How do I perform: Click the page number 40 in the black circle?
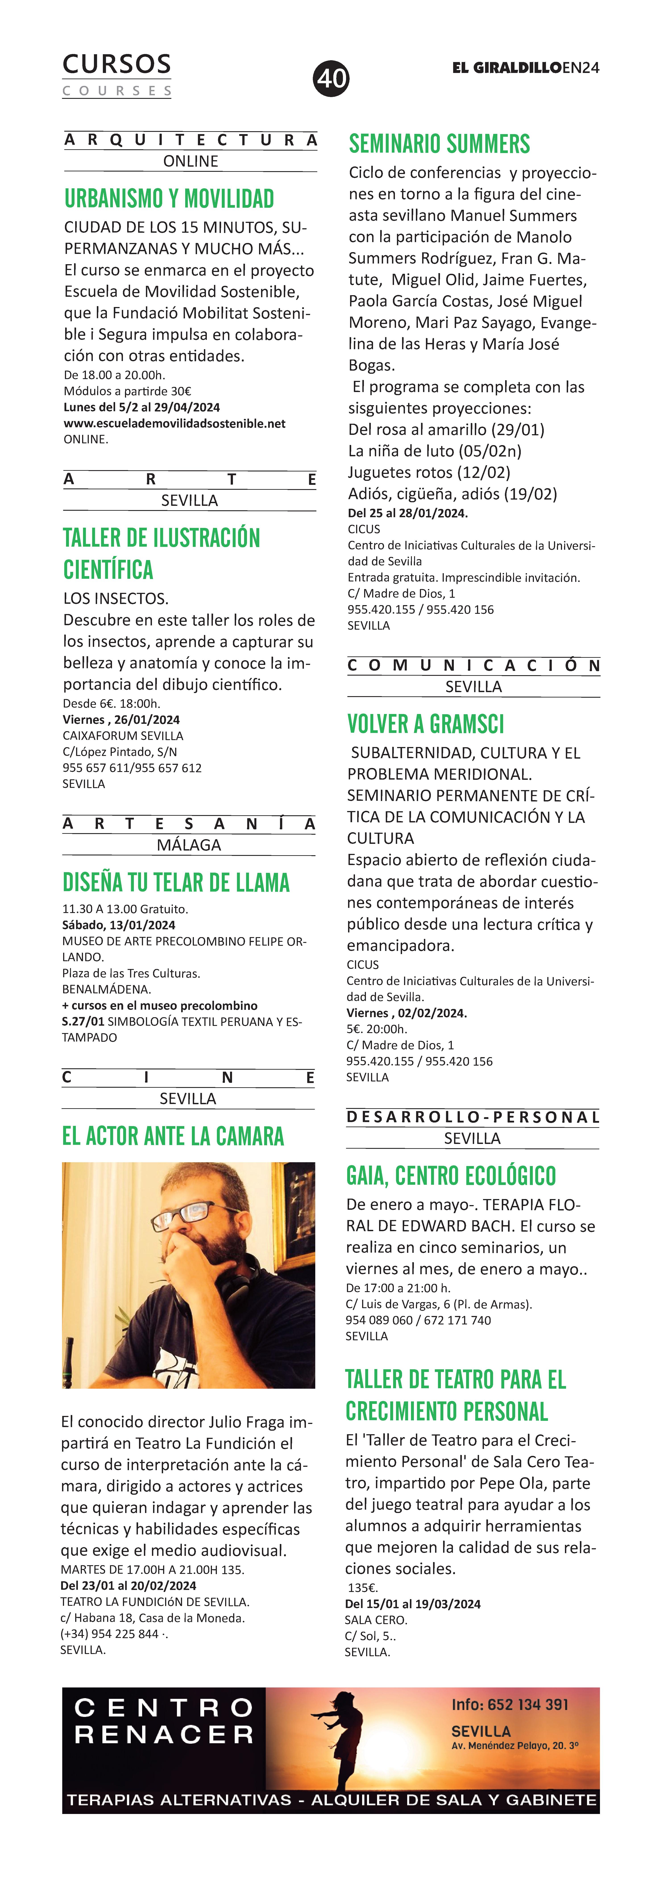point(332,78)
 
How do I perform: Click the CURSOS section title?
point(117,65)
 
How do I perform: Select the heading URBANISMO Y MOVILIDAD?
point(169,199)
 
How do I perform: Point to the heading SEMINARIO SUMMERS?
point(439,144)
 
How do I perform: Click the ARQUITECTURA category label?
point(191,140)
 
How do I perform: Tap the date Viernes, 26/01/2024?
point(121,720)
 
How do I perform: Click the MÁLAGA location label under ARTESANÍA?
point(189,845)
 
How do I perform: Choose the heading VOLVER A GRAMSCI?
point(425,725)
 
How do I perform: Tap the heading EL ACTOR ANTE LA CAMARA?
point(173,1137)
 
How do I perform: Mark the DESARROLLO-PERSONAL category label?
point(472,1117)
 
